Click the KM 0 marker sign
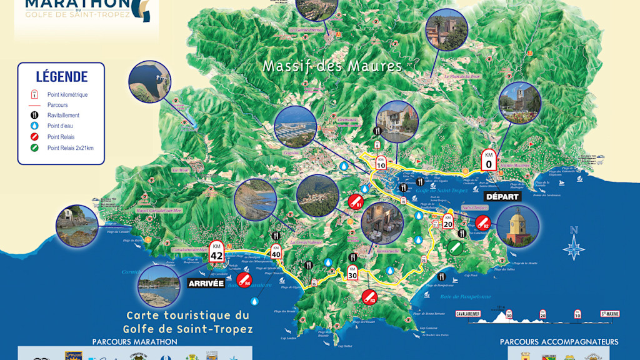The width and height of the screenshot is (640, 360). click(489, 161)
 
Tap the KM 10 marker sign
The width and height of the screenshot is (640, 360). click(381, 162)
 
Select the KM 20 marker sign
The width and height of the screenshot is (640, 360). click(447, 221)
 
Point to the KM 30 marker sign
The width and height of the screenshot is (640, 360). click(352, 272)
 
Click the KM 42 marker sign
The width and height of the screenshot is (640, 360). click(217, 251)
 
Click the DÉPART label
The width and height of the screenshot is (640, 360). click(502, 196)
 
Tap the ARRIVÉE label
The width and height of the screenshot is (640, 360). click(206, 283)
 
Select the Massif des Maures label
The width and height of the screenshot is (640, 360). click(332, 66)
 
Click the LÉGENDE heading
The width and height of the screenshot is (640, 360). click(61, 77)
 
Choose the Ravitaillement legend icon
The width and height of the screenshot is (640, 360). click(34, 116)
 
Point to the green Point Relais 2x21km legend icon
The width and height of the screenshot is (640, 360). click(34, 148)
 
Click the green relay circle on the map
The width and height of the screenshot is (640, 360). click(456, 247)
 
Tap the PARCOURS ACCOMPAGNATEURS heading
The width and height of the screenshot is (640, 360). click(559, 342)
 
